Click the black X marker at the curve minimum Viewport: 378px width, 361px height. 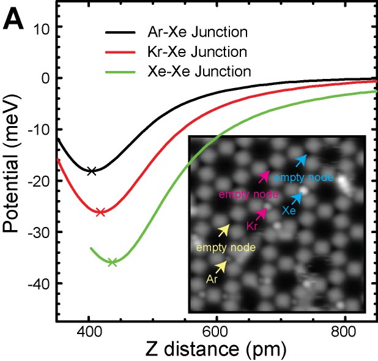click(x=92, y=171)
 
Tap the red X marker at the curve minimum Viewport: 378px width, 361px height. click(x=100, y=212)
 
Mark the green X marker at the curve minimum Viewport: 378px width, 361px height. click(x=112, y=262)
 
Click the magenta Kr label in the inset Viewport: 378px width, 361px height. click(x=251, y=226)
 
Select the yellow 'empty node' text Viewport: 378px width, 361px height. click(x=226, y=248)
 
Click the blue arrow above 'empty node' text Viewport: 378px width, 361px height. click(x=302, y=160)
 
